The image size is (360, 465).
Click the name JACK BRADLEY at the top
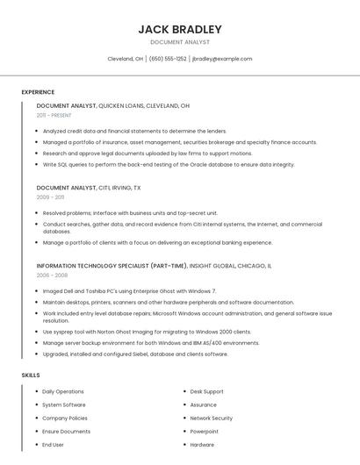[179, 29]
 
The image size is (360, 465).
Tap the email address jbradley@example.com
[221, 59]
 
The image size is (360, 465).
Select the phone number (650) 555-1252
[168, 59]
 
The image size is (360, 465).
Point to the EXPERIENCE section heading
[38, 92]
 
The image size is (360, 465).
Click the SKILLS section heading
[31, 375]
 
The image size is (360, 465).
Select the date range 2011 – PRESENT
[54, 115]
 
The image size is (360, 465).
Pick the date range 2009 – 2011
[50, 197]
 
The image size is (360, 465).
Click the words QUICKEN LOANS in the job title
[122, 105]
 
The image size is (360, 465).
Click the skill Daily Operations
[63, 391]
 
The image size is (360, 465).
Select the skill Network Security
[211, 418]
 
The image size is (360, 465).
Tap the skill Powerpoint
[204, 432]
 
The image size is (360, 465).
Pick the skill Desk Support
[206, 391]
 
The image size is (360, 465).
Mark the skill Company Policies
[65, 418]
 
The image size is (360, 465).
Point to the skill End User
[53, 445]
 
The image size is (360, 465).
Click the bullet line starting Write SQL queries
[169, 164]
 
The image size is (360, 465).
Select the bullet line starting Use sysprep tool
[147, 332]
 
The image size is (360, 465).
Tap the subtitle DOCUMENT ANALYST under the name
[179, 42]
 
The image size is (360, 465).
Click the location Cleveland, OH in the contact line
[126, 59]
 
